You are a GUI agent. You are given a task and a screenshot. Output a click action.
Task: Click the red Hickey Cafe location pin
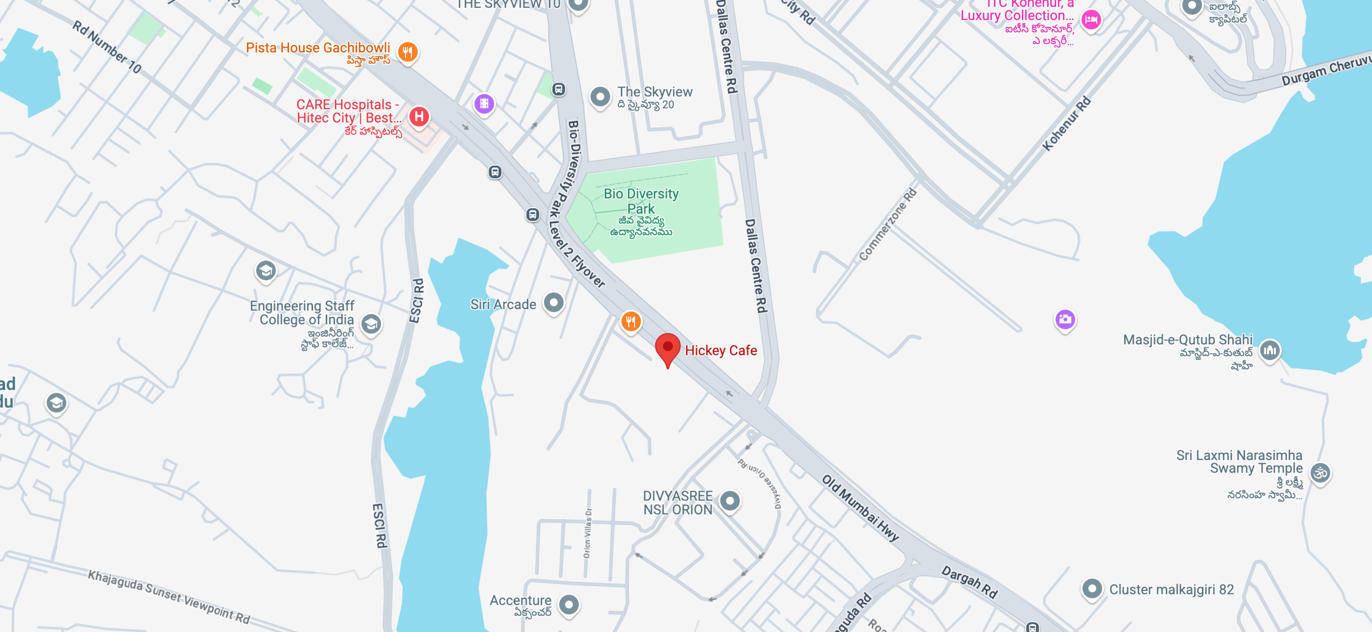tap(667, 348)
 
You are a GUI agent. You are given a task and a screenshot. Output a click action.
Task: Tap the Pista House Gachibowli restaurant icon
tap(407, 52)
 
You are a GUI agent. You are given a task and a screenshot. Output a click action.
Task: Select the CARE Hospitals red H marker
tap(419, 116)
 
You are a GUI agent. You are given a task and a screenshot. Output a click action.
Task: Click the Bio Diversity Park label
tap(641, 201)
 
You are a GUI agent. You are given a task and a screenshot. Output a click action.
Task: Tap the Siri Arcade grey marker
tap(554, 303)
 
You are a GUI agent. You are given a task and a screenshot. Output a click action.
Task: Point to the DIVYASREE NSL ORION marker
tap(730, 501)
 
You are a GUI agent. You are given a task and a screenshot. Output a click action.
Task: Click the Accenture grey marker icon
tap(569, 604)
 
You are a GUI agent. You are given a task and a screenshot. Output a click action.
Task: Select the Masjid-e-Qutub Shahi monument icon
tap(1270, 350)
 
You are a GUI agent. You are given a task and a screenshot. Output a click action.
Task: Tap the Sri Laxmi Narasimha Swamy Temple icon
tap(1320, 473)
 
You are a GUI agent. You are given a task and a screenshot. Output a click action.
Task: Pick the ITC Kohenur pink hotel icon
tap(1091, 20)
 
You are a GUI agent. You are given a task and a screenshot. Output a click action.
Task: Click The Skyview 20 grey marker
tap(600, 97)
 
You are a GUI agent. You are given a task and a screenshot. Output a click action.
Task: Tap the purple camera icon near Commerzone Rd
tap(1065, 319)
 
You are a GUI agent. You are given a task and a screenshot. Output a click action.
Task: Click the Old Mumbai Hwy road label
tap(860, 508)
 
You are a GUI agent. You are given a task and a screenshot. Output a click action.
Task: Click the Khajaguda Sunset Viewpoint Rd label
tap(169, 596)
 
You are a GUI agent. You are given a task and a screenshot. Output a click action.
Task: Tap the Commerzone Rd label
tap(887, 224)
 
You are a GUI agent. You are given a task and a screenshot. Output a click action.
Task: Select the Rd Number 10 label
tap(106, 47)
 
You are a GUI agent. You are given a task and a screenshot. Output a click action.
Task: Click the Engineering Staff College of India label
tap(302, 312)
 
